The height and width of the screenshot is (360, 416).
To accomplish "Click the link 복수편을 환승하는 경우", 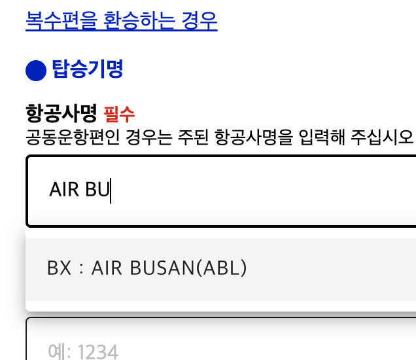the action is [121, 21].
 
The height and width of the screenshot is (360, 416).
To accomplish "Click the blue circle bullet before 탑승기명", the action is [35, 70].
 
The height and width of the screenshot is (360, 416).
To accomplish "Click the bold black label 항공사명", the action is [61, 113].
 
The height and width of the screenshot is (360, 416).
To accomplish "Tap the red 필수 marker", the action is [119, 115].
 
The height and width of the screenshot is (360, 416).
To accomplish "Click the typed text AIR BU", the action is [79, 190].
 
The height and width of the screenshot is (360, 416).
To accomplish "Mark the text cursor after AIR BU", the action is [111, 190].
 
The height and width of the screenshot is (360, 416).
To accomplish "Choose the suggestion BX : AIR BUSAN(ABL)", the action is [147, 268].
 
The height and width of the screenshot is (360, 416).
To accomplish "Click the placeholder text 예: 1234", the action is [82, 352].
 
